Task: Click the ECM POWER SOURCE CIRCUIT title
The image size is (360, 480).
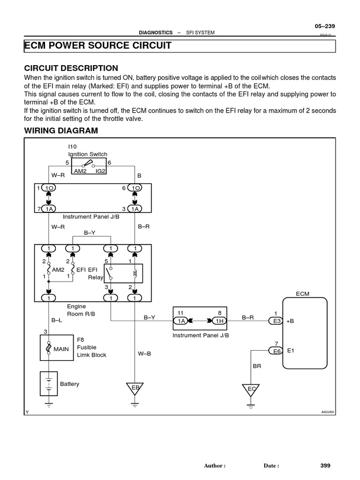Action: (97, 46)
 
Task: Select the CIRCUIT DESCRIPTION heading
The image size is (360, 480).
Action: (71, 68)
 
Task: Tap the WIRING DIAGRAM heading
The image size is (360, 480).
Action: (61, 131)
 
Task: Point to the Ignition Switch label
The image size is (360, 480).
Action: (88, 154)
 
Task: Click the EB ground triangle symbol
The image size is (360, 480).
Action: (135, 389)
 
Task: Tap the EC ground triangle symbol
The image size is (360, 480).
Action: (251, 390)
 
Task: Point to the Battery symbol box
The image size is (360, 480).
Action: (48, 384)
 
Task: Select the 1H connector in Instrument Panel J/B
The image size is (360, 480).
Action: (218, 321)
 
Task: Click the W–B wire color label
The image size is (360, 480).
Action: (144, 354)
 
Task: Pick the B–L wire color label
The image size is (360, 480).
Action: (56, 321)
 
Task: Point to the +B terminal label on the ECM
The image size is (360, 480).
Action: (291, 321)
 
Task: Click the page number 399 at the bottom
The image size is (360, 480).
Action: (325, 465)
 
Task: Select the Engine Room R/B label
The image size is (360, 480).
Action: (81, 310)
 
